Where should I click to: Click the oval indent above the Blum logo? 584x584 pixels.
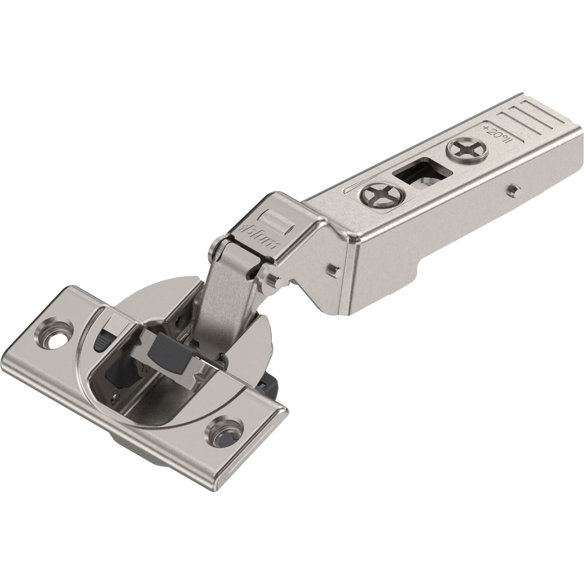[275, 218]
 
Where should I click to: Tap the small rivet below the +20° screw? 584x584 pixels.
[515, 190]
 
